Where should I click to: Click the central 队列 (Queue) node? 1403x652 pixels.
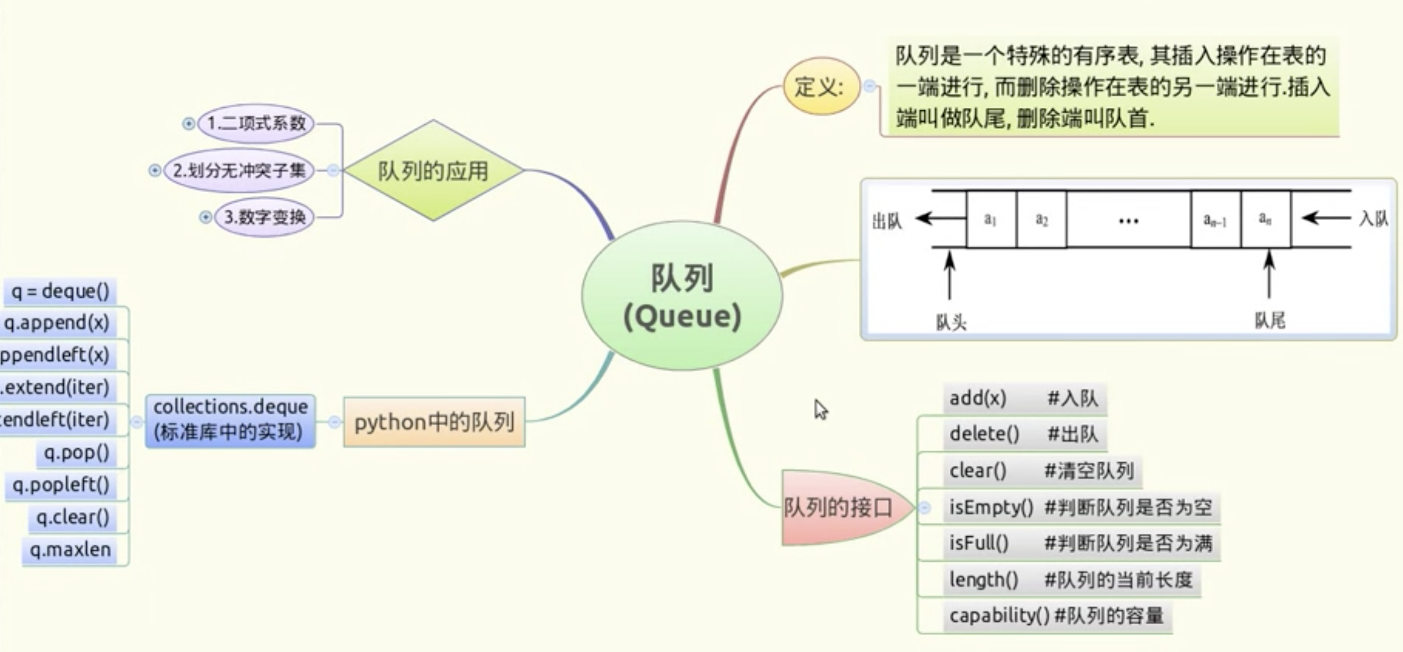(x=682, y=296)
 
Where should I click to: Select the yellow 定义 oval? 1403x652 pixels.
(x=821, y=87)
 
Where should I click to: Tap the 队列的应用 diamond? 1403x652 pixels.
(x=433, y=171)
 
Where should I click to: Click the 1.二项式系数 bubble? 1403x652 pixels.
(x=256, y=124)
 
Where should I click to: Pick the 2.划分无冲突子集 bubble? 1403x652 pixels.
(x=239, y=171)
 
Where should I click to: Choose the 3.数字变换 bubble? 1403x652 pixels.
(x=265, y=217)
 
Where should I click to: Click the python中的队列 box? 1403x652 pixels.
(x=434, y=422)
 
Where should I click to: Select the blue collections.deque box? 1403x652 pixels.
(x=230, y=420)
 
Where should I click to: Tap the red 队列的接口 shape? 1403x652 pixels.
(x=841, y=507)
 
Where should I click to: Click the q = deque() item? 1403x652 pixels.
(x=60, y=292)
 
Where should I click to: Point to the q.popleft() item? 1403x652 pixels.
(x=61, y=485)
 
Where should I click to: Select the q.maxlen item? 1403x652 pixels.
(x=70, y=550)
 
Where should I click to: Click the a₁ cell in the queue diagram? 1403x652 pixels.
(x=990, y=219)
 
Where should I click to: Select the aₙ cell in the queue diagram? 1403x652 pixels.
(x=1265, y=219)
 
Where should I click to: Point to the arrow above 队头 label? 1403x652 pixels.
(x=950, y=275)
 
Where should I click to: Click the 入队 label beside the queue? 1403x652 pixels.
(x=1373, y=218)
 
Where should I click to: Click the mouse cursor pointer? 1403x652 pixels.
(x=820, y=409)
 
